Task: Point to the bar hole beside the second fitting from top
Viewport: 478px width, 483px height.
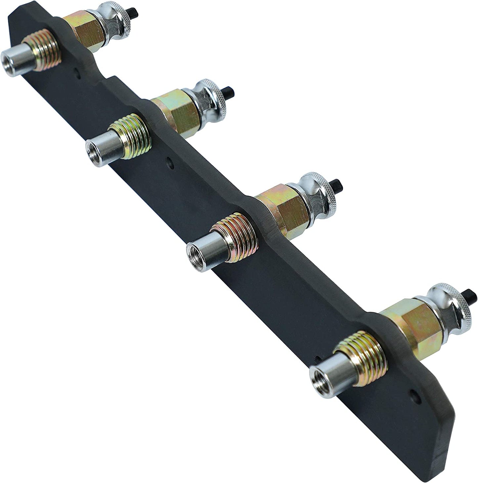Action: point(170,163)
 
